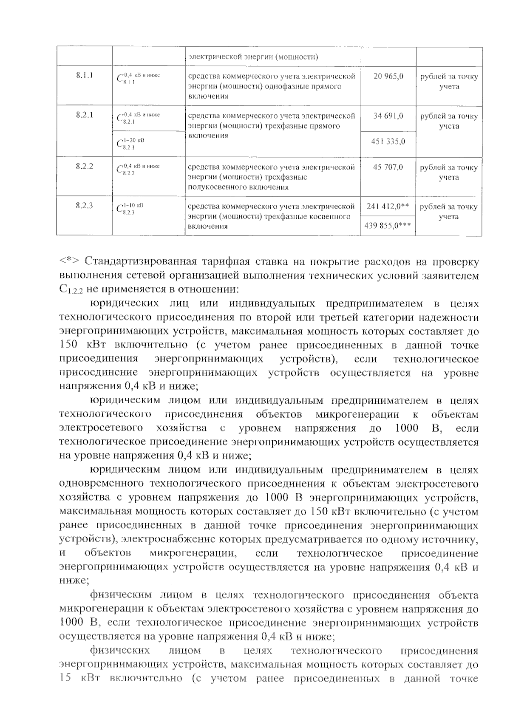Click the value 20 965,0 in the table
pyautogui.click(x=388, y=77)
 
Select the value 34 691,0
pyautogui.click(x=388, y=116)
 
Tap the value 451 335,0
pyautogui.click(x=388, y=141)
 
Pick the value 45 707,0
pyautogui.click(x=388, y=167)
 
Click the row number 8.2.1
pyautogui.click(x=85, y=115)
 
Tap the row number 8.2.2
pyautogui.click(x=85, y=167)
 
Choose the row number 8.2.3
pyautogui.click(x=85, y=206)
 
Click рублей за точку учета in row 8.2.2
pyautogui.click(x=449, y=173)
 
